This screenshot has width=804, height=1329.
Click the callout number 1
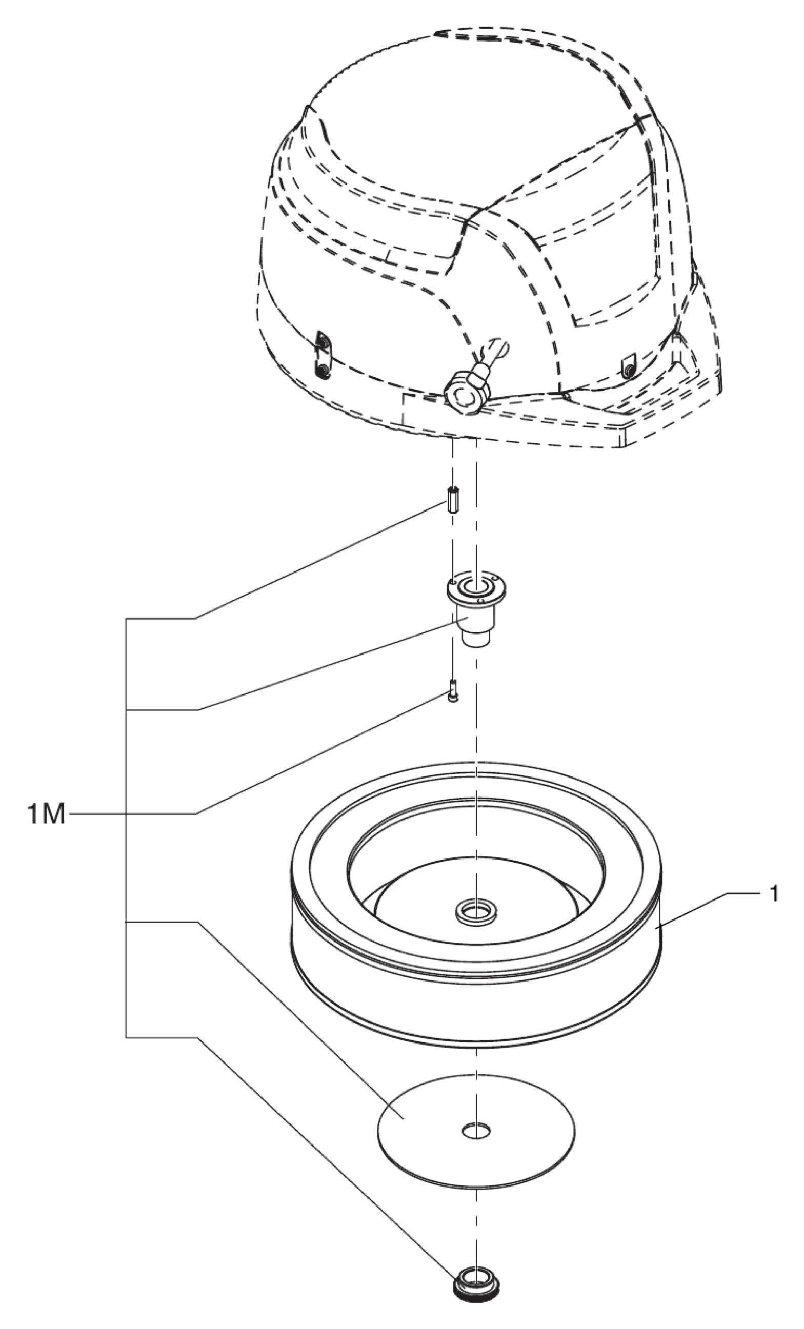click(774, 894)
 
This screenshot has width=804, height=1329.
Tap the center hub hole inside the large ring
click(476, 911)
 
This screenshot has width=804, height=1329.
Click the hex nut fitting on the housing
click(462, 397)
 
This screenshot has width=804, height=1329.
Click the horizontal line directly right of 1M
click(97, 813)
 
